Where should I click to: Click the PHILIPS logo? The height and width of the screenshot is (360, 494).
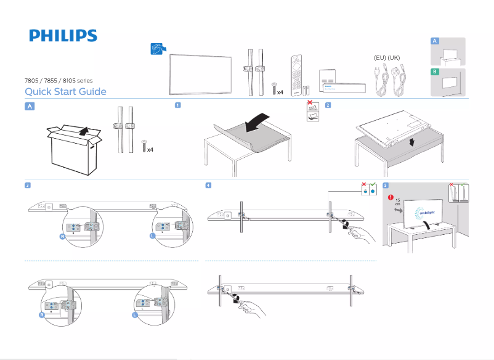coord(63,36)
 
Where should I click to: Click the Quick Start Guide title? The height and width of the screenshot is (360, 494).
coord(65,92)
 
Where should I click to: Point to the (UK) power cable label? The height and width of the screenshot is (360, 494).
coord(395,57)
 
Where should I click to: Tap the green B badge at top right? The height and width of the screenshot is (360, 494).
coord(435,72)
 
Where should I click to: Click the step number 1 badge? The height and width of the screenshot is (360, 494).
coord(178,105)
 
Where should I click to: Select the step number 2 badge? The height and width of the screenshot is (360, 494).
coord(328,105)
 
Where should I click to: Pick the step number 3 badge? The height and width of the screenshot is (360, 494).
coord(28,185)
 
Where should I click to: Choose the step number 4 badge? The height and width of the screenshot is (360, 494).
coord(209,185)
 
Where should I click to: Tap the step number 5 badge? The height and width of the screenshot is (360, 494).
coord(386,185)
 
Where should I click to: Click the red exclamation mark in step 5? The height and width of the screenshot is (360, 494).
coord(391,198)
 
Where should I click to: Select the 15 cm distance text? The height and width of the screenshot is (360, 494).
coord(398,203)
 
